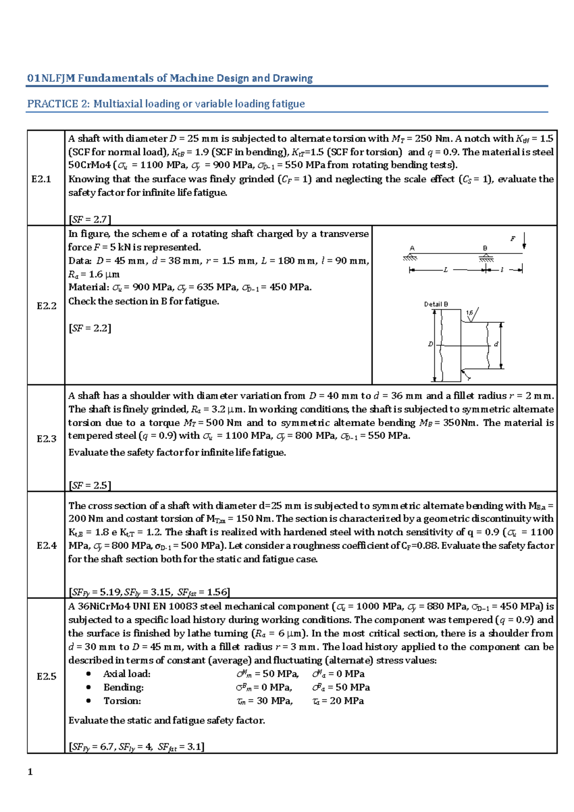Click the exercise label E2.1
pyautogui.click(x=41, y=179)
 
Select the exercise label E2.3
pyautogui.click(x=46, y=439)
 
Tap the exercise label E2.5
pyautogui.click(x=46, y=676)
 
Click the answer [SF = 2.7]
pyautogui.click(x=90, y=219)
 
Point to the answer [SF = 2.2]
pyautogui.click(x=90, y=328)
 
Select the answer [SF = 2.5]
pyautogui.click(x=90, y=485)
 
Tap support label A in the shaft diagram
pyautogui.click(x=412, y=248)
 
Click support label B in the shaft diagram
pyautogui.click(x=485, y=248)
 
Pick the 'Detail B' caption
pyautogui.click(x=436, y=304)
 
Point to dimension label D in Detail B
pyautogui.click(x=430, y=344)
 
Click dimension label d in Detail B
pyautogui.click(x=496, y=344)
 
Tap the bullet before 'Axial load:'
pyautogui.click(x=88, y=674)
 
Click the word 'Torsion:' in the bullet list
pyautogui.click(x=122, y=701)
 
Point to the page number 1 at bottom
pyautogui.click(x=30, y=772)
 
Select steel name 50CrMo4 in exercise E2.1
pyautogui.click(x=89, y=165)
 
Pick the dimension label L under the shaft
pyautogui.click(x=445, y=270)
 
